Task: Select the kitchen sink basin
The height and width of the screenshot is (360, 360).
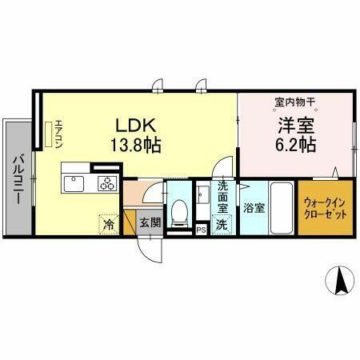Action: [74, 184]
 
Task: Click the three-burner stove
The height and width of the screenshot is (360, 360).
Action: [107, 184]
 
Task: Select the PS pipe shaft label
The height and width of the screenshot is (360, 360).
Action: [202, 229]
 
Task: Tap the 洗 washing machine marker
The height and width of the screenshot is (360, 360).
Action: [222, 225]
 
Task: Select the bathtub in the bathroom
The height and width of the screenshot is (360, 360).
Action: [281, 207]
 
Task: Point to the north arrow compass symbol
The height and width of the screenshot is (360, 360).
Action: [340, 280]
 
